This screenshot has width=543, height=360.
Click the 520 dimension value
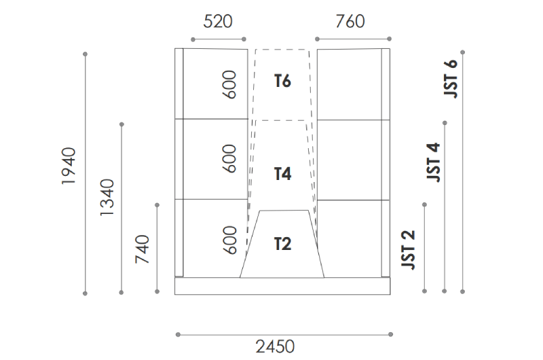coord(218,21)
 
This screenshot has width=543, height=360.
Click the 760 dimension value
coord(350,21)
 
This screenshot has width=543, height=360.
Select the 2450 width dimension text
coord(275,346)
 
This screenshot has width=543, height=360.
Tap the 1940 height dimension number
coord(69,166)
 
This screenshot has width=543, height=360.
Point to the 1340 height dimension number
coord(106,198)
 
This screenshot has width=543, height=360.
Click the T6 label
coord(282,82)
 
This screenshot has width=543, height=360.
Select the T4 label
coord(282,175)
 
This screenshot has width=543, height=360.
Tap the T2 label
coord(282,243)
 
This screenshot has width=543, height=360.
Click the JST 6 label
coord(451,77)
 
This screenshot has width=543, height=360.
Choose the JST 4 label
coord(433,162)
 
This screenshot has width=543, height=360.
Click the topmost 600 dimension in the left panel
coord(231,84)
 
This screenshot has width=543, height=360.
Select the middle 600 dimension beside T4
coord(231,158)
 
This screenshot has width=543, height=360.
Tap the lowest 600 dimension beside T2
coord(231,240)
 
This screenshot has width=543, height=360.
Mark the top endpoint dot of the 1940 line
coord(86,53)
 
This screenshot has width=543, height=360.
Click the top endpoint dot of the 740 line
coord(157,204)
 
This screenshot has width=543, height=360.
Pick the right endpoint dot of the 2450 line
coord(391,334)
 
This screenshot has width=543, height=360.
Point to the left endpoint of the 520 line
coord(191,39)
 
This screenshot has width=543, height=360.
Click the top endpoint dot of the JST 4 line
coord(445,123)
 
